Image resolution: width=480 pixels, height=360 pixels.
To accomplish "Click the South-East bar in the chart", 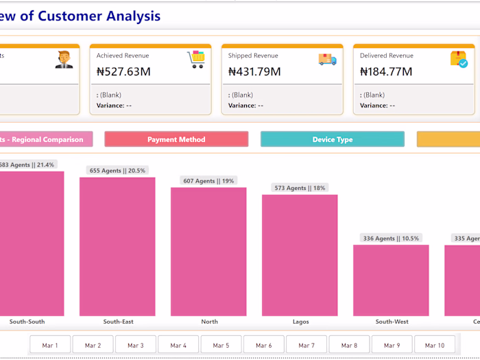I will [x=117, y=246].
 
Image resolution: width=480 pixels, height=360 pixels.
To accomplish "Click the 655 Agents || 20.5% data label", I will [x=118, y=171].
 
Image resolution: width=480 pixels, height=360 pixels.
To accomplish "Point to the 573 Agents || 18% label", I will [x=300, y=188].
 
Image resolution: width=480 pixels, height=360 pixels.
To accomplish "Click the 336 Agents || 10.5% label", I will [x=392, y=239].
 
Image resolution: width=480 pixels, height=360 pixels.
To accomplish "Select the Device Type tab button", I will [x=332, y=139].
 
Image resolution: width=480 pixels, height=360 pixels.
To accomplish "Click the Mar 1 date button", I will [x=50, y=345].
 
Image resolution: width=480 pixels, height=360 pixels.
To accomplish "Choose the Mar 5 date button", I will [x=221, y=345].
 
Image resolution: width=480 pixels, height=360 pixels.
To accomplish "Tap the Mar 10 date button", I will [x=435, y=345].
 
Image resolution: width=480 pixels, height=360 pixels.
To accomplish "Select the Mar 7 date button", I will [x=307, y=345].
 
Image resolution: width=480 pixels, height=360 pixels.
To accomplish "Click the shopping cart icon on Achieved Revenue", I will [x=196, y=60].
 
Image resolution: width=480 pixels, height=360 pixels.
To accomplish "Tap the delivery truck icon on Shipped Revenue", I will [x=327, y=60].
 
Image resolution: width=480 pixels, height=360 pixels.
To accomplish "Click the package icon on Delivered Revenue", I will [x=459, y=60].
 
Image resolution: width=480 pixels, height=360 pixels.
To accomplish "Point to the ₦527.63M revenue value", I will [x=123, y=71].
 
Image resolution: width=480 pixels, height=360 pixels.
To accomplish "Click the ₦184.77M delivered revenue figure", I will [x=386, y=71].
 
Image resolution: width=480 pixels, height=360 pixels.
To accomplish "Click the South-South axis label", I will [x=27, y=322].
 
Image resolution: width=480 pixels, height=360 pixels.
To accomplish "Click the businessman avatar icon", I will [x=64, y=60].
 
